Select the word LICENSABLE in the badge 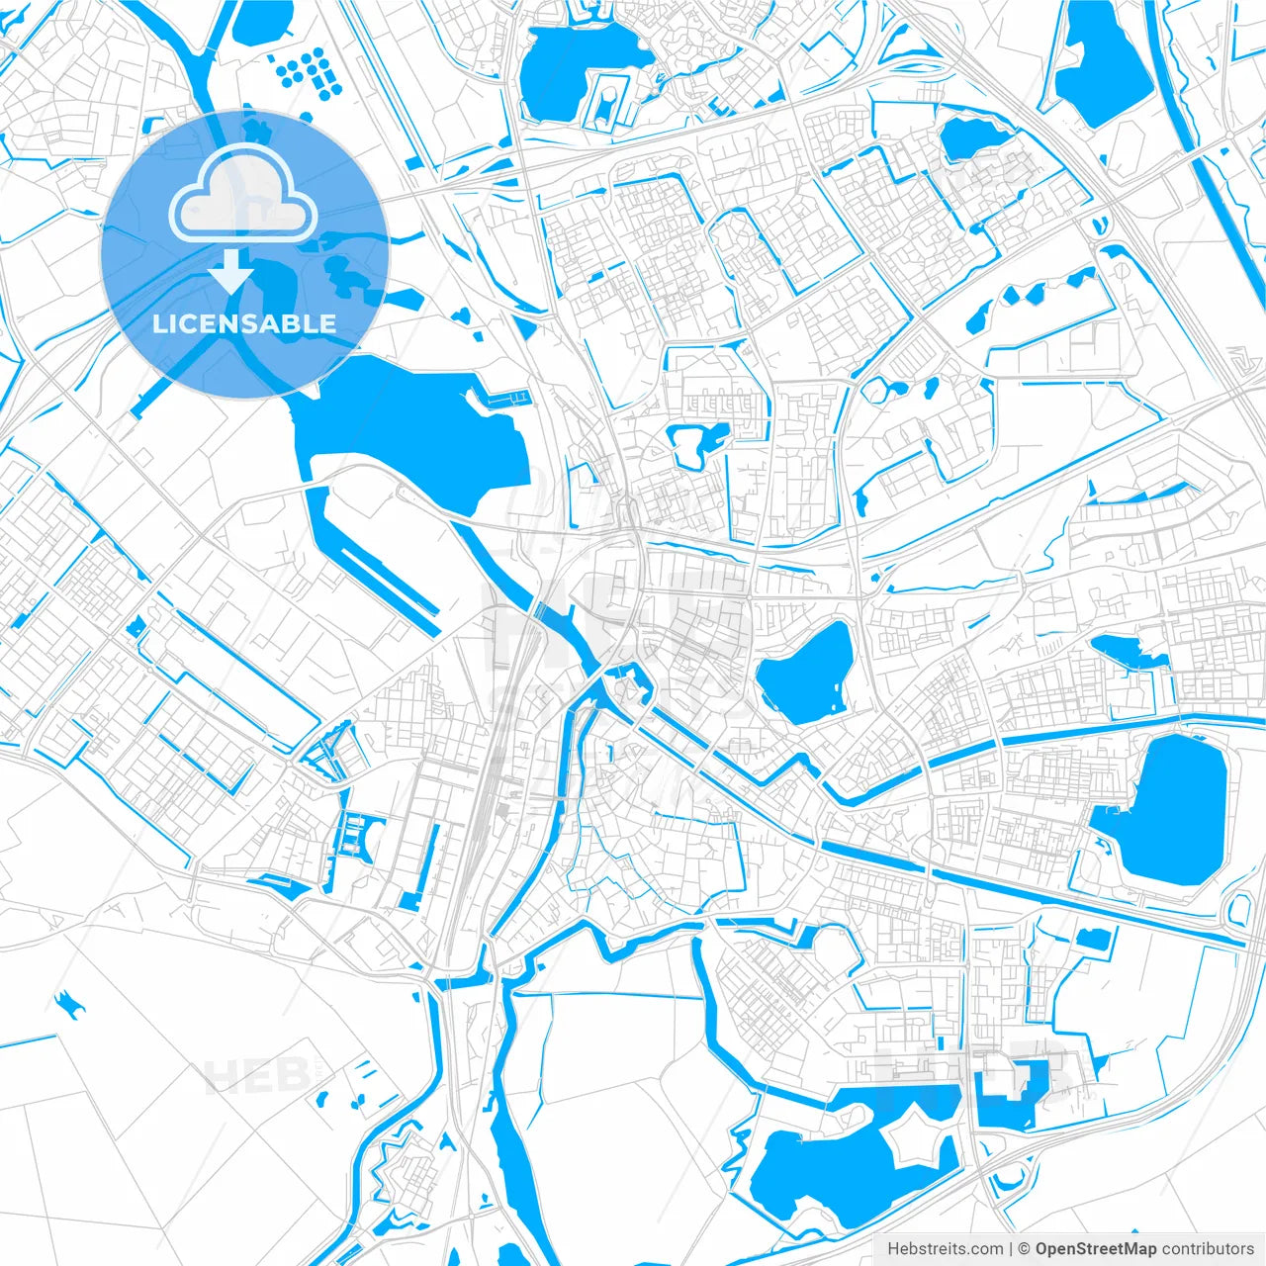(243, 323)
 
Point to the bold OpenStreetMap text (1095, 1248)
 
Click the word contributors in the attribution (1208, 1248)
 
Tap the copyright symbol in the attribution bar (1025, 1248)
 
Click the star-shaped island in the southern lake (916, 1145)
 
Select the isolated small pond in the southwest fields (69, 1005)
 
